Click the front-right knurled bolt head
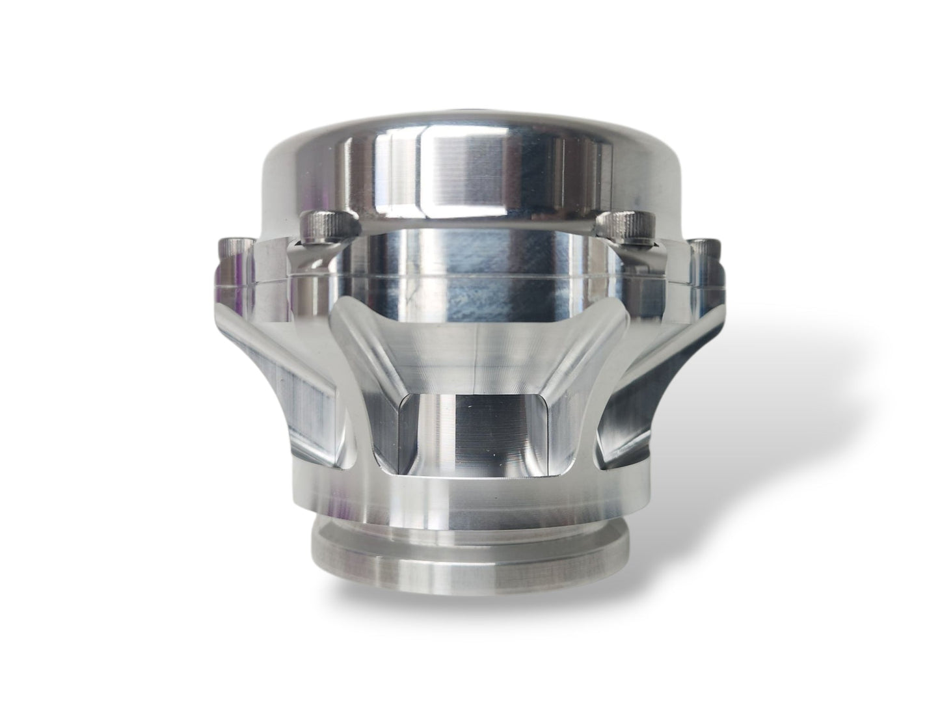621,225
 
